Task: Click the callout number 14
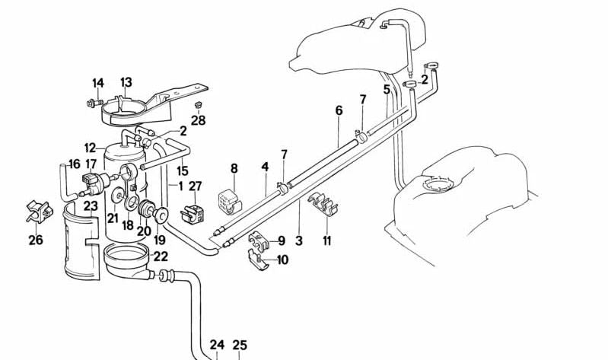click(x=97, y=83)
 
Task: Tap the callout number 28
click(x=199, y=120)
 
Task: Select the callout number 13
click(x=126, y=82)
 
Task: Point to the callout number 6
click(x=339, y=110)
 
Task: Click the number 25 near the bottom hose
click(x=240, y=345)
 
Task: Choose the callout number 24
click(x=217, y=345)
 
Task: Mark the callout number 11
click(x=327, y=241)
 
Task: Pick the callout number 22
click(x=161, y=257)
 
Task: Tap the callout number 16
click(x=74, y=164)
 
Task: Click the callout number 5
click(x=387, y=89)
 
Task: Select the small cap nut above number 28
click(x=198, y=104)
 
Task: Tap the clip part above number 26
click(x=37, y=210)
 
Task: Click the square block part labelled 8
click(x=228, y=200)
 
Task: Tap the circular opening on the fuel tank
click(x=441, y=184)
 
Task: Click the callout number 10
click(x=282, y=260)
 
